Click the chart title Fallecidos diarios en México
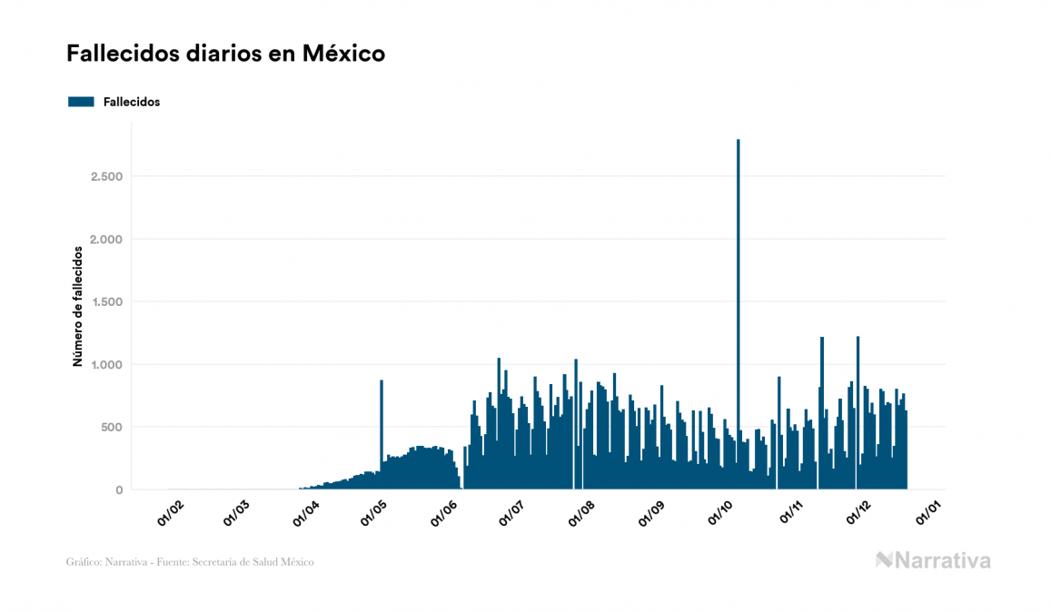click(225, 54)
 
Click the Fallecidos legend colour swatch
click(81, 102)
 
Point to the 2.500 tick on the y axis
click(105, 176)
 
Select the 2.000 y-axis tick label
click(105, 239)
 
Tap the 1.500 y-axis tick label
click(105, 301)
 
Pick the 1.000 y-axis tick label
click(105, 364)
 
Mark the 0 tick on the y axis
click(118, 490)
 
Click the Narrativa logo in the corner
click(933, 560)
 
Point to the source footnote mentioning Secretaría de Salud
click(190, 562)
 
